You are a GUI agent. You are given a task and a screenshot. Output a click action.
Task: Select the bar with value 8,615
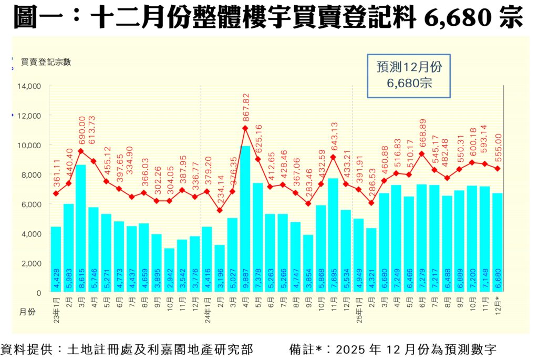tap(81, 228)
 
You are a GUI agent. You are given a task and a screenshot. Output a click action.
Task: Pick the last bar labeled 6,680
tap(497, 242)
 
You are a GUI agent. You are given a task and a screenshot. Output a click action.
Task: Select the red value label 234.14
tap(220, 191)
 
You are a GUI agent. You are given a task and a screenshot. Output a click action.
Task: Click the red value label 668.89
tap(421, 135)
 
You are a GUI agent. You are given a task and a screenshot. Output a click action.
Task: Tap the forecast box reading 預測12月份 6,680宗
tap(409, 75)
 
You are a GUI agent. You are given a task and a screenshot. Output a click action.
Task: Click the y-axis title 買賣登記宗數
tap(46, 61)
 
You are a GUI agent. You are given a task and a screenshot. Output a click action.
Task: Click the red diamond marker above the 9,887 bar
tap(245, 128)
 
